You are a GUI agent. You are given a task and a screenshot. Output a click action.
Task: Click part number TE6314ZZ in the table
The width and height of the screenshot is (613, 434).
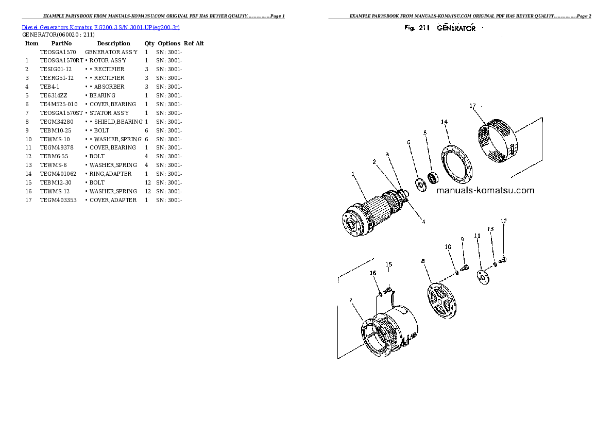[53, 95]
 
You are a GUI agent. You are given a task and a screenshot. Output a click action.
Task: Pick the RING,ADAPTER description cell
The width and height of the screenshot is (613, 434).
[110, 174]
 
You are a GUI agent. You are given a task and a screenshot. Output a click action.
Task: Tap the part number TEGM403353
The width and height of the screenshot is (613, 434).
[58, 200]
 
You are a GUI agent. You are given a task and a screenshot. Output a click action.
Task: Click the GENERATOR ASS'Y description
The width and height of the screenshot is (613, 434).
[111, 53]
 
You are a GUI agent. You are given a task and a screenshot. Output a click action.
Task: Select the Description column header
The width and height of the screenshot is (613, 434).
[113, 44]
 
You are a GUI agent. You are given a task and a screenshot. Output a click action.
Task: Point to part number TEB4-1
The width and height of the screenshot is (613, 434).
[50, 87]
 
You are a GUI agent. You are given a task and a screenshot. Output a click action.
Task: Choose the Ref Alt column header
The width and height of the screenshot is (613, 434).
[194, 44]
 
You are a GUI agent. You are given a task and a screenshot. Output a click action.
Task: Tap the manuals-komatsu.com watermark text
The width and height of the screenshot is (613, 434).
[485, 190]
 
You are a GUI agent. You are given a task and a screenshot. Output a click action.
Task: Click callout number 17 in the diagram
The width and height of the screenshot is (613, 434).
[472, 106]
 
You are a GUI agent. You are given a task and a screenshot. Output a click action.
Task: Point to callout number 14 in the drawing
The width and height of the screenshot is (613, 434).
[444, 122]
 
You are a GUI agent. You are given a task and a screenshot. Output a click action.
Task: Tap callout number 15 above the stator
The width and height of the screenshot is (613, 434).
[389, 265]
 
